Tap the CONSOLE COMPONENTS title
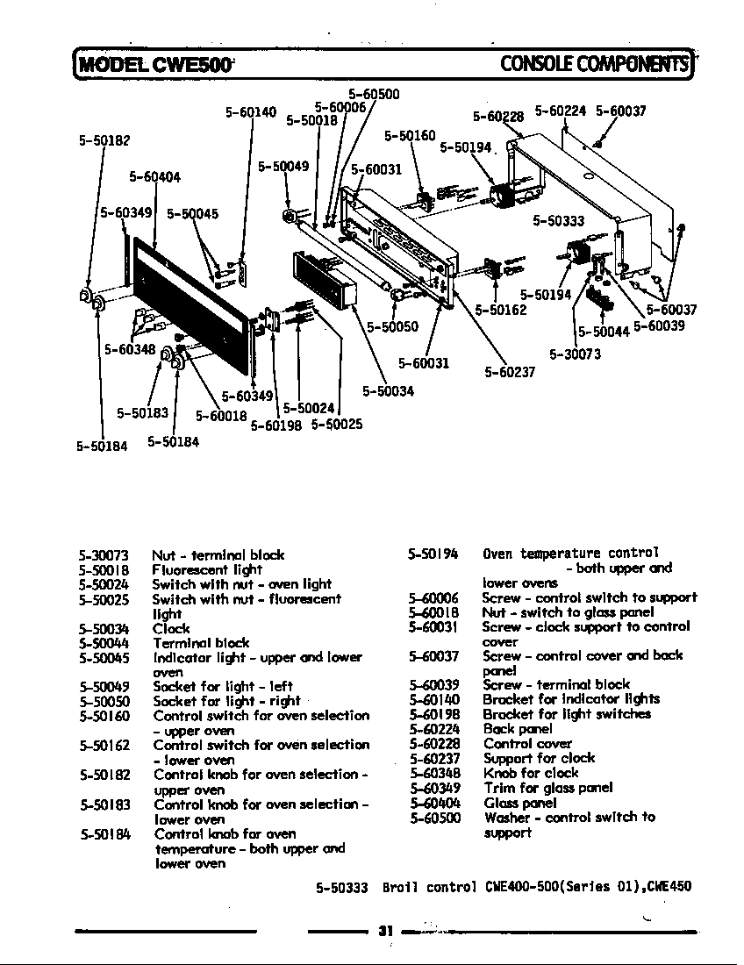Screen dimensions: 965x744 point(593,63)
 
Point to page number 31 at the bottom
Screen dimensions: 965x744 point(383,931)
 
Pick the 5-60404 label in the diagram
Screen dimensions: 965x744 point(154,177)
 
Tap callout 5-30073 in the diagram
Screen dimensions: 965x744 point(575,354)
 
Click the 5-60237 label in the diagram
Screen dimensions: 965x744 point(510,371)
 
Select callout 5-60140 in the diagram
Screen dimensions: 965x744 point(251,112)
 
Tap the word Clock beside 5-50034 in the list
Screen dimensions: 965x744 point(171,628)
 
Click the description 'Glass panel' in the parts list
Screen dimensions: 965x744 point(519,803)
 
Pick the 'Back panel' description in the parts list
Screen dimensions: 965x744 point(517,729)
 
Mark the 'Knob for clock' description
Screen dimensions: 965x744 point(531,773)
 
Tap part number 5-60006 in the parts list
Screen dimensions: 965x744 point(433,598)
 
